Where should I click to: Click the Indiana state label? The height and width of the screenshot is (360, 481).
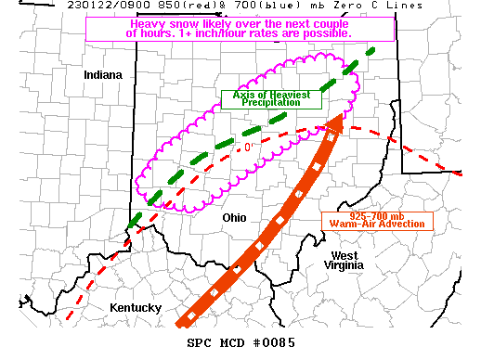coord(102,74)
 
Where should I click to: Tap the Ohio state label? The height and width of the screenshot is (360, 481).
coord(236,216)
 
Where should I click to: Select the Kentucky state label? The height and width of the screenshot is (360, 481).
coord(136,308)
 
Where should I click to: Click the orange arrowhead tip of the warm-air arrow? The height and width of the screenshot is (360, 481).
coord(340,115)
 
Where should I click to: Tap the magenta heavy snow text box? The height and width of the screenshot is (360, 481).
coord(239,27)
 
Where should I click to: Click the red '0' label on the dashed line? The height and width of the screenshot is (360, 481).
coord(248,148)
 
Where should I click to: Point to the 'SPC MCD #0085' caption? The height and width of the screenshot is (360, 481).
coord(240,344)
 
